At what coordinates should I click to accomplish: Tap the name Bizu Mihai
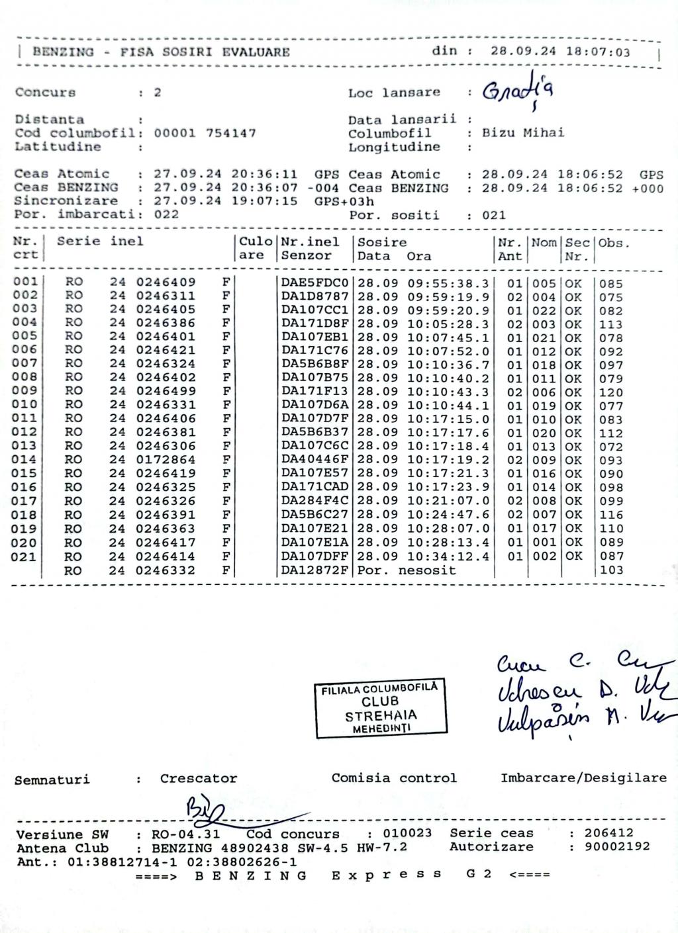click(x=523, y=133)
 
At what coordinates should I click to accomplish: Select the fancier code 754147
click(x=231, y=133)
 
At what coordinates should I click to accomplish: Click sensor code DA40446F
click(x=315, y=460)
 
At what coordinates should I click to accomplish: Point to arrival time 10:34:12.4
click(x=448, y=556)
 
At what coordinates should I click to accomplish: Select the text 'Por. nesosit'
click(x=407, y=570)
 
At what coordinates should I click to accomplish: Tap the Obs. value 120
click(x=610, y=392)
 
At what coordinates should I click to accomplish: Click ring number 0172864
click(x=166, y=460)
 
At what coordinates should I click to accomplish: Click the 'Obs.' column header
click(x=614, y=243)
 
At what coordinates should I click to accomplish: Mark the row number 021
click(x=24, y=556)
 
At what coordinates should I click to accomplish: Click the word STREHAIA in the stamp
click(x=381, y=716)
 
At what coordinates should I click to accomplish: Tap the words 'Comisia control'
click(x=394, y=778)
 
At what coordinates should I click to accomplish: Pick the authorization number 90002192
click(x=616, y=847)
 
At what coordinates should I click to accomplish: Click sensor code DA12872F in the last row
click(x=315, y=570)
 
